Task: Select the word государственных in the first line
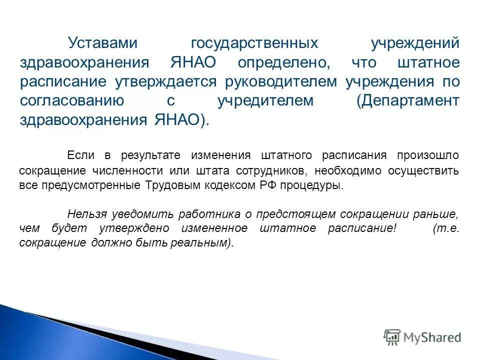point(254,43)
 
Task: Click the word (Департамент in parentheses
point(407,100)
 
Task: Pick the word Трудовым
point(168,185)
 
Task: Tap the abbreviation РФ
point(256,185)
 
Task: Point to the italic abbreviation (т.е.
point(445,228)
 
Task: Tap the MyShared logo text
point(430,337)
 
